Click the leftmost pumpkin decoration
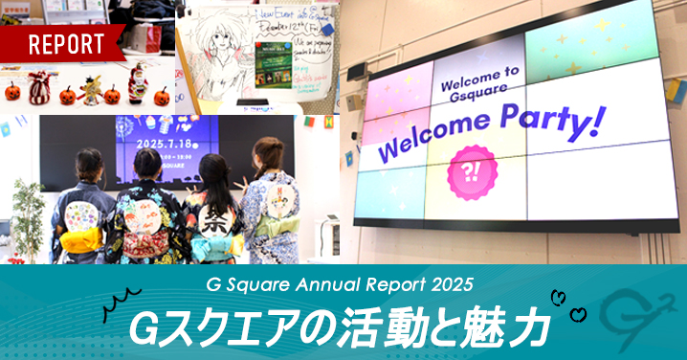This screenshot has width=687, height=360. [x=13, y=92]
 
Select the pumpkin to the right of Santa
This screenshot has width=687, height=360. [x=163, y=96]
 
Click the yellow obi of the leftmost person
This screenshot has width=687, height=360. [x=81, y=236]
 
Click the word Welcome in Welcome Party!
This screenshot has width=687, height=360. [x=436, y=143]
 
